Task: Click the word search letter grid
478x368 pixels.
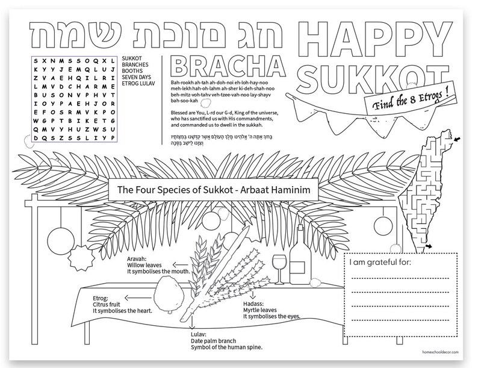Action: [73, 100]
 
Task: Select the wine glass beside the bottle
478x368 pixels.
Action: [279, 265]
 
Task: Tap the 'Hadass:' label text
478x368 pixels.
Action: [246, 305]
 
